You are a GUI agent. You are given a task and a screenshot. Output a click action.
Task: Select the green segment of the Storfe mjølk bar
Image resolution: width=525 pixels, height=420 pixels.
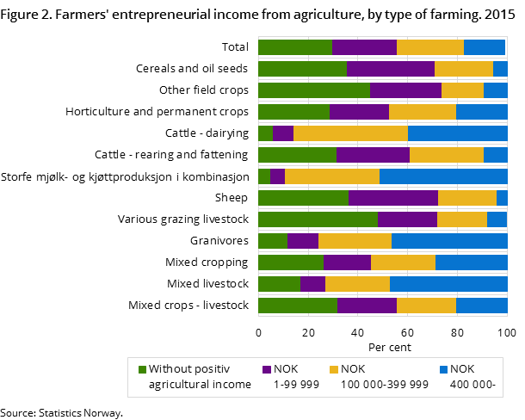[x=263, y=176]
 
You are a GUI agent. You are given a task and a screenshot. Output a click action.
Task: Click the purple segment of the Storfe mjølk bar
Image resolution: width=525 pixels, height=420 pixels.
[x=277, y=176]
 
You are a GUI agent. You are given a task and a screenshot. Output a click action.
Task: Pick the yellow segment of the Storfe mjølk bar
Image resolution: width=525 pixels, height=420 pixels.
[x=331, y=176]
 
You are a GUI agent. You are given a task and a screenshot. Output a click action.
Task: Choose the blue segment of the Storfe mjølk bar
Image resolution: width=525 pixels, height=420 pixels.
[x=443, y=176]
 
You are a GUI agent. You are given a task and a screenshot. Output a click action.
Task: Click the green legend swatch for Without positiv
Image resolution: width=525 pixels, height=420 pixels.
[x=142, y=369]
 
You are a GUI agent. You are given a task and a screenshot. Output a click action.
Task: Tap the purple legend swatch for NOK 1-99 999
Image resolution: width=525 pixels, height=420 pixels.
[x=267, y=369]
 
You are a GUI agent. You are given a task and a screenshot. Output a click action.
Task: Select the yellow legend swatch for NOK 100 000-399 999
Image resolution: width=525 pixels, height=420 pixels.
[x=334, y=369]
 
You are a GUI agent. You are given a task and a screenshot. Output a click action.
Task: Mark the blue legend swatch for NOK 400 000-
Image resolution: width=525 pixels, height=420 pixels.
[x=444, y=369]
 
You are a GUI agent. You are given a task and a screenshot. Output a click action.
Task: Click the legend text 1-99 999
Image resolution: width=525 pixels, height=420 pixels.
[x=296, y=385]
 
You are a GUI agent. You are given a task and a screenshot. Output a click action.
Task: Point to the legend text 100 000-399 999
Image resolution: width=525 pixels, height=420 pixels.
[x=385, y=385]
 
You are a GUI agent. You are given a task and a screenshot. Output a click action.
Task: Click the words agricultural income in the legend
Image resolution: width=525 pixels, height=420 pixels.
[x=201, y=385]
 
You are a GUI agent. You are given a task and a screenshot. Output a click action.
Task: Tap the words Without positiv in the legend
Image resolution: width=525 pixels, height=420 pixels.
[x=188, y=369]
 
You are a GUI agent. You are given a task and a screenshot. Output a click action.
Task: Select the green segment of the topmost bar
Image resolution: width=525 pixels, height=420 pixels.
[x=294, y=47]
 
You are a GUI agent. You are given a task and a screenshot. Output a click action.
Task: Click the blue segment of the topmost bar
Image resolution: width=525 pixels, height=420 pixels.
[x=484, y=47]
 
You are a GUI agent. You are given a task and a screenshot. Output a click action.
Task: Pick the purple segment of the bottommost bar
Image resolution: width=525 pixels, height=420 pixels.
[x=367, y=306]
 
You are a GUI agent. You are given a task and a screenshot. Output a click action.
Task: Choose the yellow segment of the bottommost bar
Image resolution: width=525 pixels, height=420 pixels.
[x=426, y=306]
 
